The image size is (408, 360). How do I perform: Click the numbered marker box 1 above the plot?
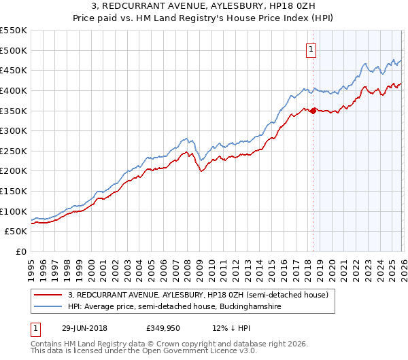pos(311,49)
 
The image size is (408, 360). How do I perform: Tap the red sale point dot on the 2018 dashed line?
pos(313,111)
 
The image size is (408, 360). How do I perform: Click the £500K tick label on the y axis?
pos(14,50)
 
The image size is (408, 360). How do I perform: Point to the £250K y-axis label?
pos(14,151)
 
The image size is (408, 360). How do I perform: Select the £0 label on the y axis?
pos(21,251)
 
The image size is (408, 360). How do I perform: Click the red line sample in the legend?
pos(49,295)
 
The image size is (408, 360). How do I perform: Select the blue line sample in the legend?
pos(49,307)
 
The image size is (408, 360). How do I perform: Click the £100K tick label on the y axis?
pos(14,211)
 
